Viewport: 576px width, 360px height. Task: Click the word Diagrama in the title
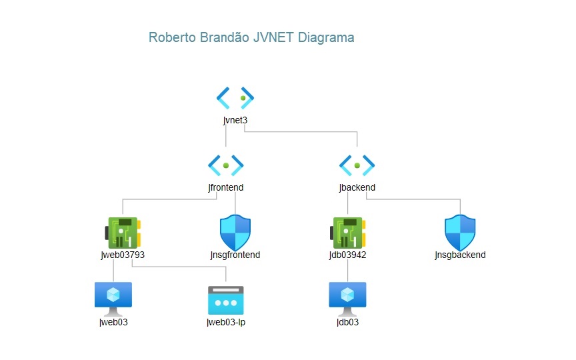[326, 38]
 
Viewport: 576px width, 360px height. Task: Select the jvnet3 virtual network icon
[235, 98]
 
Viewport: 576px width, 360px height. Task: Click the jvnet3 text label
[235, 121]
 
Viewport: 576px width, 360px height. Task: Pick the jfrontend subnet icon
[226, 164]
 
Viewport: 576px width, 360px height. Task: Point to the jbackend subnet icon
[357, 164]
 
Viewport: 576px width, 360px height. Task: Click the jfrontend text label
[226, 187]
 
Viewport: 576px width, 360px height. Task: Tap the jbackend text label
[357, 187]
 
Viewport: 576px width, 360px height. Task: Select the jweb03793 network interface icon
[122, 233]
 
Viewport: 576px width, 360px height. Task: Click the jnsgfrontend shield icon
[235, 233]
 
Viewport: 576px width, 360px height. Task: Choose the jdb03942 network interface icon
[348, 233]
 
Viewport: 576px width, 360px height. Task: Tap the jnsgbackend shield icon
[460, 233]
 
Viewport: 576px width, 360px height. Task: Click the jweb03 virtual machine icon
[113, 297]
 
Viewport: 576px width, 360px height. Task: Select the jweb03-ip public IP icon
[226, 300]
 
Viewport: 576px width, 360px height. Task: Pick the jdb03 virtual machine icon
[348, 297]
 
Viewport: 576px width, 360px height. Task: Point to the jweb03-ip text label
[226, 323]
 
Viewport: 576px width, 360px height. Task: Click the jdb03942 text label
[348, 255]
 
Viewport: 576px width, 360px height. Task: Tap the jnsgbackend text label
[460, 255]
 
